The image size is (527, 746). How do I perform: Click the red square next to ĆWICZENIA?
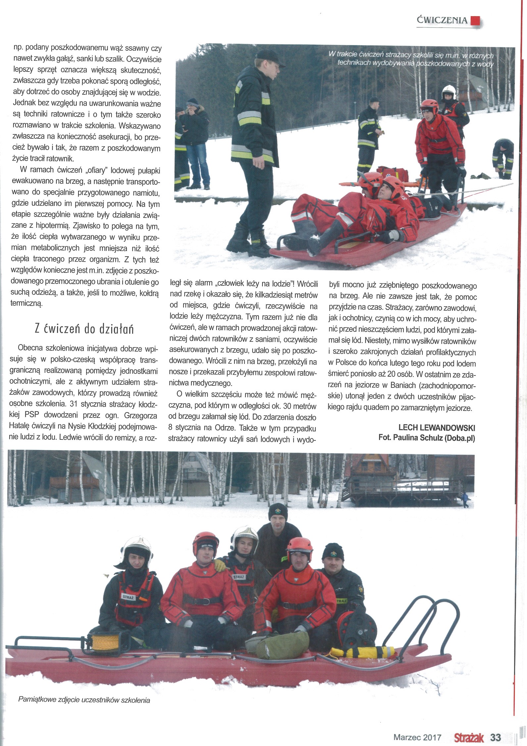point(475,20)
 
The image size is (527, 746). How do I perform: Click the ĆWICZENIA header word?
point(443,20)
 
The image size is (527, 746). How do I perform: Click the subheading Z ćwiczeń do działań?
point(84,329)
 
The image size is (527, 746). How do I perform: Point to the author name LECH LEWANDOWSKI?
point(437,428)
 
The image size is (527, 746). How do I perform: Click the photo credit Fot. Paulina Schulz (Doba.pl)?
point(427,438)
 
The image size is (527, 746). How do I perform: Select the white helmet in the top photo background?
point(449,89)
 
